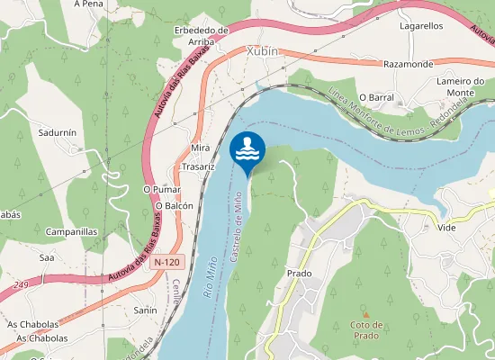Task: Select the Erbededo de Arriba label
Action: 201,35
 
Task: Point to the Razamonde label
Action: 409,65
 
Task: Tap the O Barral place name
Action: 376,96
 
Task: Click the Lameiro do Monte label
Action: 461,87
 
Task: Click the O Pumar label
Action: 162,190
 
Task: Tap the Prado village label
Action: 299,273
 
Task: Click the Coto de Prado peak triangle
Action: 365,313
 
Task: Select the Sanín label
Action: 145,310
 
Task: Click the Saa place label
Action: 47,257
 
